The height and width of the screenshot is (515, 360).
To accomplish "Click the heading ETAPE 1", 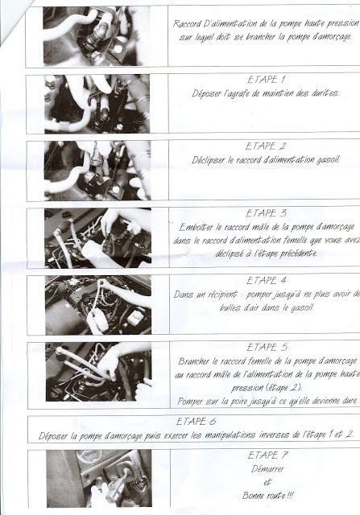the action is pyautogui.click(x=267, y=80).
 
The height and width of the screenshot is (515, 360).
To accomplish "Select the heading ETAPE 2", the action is pyautogui.click(x=266, y=146).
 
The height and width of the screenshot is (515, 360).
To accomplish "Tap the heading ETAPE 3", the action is pyautogui.click(x=267, y=213).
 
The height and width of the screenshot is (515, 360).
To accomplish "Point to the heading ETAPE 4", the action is pyautogui.click(x=267, y=281).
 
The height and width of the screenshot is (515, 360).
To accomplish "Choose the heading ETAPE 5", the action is pyautogui.click(x=267, y=348).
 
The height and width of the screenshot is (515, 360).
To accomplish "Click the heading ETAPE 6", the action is pyautogui.click(x=196, y=422).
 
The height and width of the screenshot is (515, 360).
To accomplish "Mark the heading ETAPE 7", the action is pyautogui.click(x=267, y=455).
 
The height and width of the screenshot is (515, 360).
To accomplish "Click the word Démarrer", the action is pyautogui.click(x=267, y=469).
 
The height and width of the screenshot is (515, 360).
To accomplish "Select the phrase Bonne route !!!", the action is pyautogui.click(x=267, y=496).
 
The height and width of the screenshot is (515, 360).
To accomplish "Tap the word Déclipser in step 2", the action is pyautogui.click(x=209, y=160).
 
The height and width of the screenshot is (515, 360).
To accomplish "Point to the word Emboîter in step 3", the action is pyautogui.click(x=195, y=227).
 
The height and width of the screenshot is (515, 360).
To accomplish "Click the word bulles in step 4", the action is pyautogui.click(x=230, y=307).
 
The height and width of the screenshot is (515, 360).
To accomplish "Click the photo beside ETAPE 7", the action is pyautogui.click(x=99, y=478).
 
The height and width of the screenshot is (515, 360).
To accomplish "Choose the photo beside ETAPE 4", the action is pyautogui.click(x=98, y=305).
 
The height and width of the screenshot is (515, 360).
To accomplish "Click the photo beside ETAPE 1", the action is pyautogui.click(x=97, y=104).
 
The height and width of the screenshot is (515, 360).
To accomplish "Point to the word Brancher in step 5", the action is pyautogui.click(x=193, y=361).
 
